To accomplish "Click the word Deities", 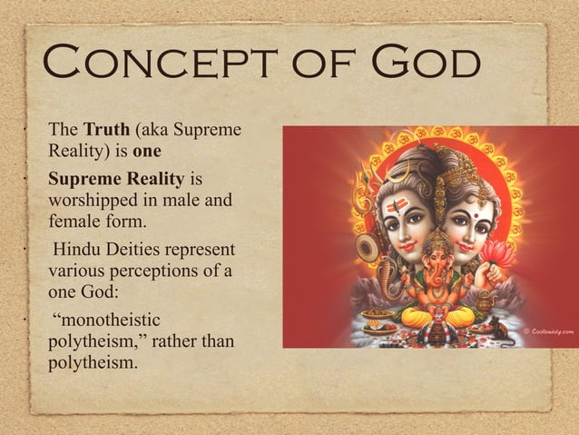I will (134, 249).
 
